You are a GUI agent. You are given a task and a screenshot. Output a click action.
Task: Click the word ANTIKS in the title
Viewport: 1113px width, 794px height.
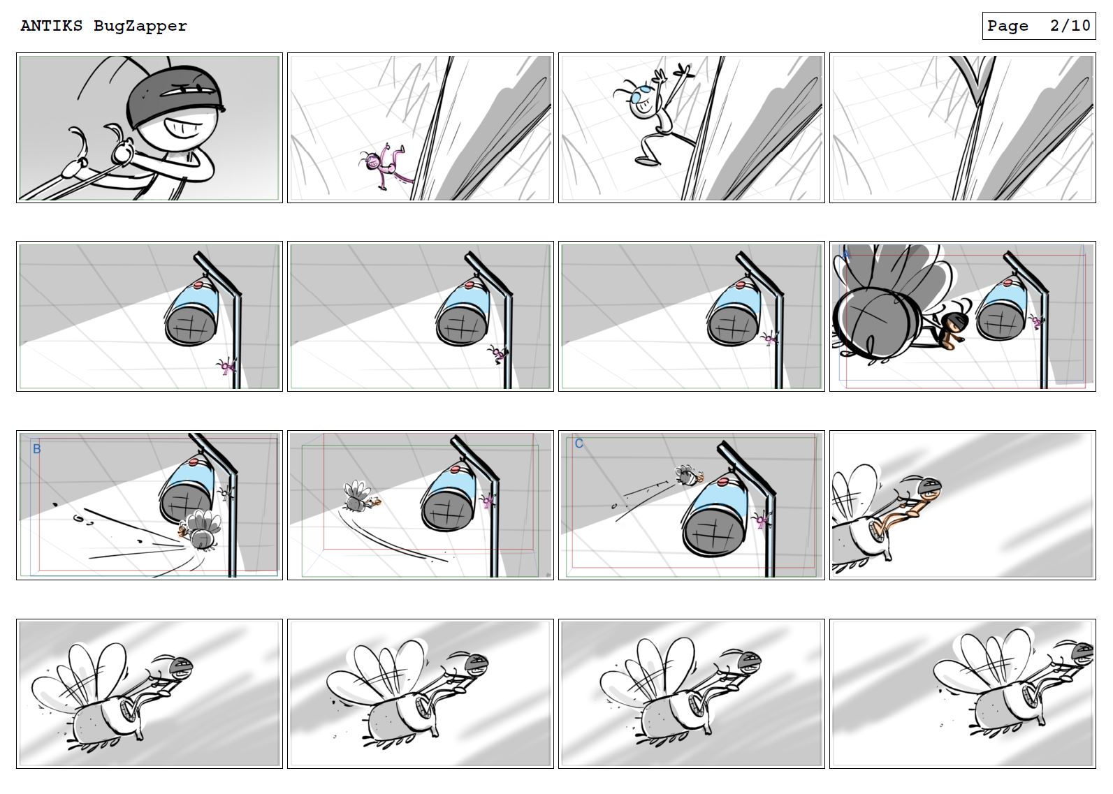tap(52, 26)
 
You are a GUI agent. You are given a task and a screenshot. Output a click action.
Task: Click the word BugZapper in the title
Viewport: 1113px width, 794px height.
tap(140, 26)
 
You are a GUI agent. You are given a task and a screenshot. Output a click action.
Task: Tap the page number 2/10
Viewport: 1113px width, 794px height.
tap(1069, 26)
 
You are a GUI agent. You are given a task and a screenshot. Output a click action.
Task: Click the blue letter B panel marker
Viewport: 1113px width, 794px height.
tap(37, 449)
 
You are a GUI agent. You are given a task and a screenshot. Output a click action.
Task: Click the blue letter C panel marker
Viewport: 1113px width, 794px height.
tap(579, 443)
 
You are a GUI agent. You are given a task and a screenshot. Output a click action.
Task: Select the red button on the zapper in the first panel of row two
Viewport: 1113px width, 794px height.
tap(198, 284)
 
